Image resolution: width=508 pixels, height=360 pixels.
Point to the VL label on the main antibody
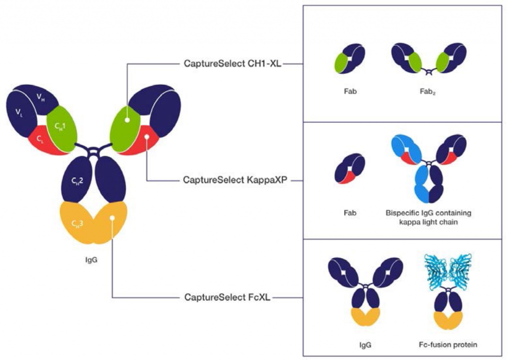click(19, 114)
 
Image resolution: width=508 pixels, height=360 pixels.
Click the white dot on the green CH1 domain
click(128, 120)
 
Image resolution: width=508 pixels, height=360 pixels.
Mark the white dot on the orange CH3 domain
click(113, 217)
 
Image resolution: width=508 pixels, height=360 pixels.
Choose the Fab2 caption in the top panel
click(427, 92)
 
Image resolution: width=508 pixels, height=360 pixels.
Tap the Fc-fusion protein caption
click(448, 344)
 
